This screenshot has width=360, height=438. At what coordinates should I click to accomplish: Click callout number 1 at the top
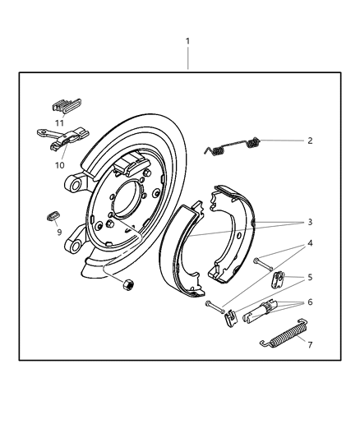(x=187, y=41)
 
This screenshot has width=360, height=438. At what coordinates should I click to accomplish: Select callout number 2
(x=310, y=141)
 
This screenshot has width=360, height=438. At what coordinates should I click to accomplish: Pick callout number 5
(x=310, y=279)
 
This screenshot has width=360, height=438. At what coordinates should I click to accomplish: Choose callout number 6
(x=310, y=302)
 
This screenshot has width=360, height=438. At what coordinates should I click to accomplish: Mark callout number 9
(x=58, y=233)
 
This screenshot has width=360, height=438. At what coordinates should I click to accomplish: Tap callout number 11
(x=59, y=122)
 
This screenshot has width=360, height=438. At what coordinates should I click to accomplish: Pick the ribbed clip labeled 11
(x=66, y=106)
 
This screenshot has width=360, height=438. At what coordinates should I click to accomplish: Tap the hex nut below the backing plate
(x=128, y=285)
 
